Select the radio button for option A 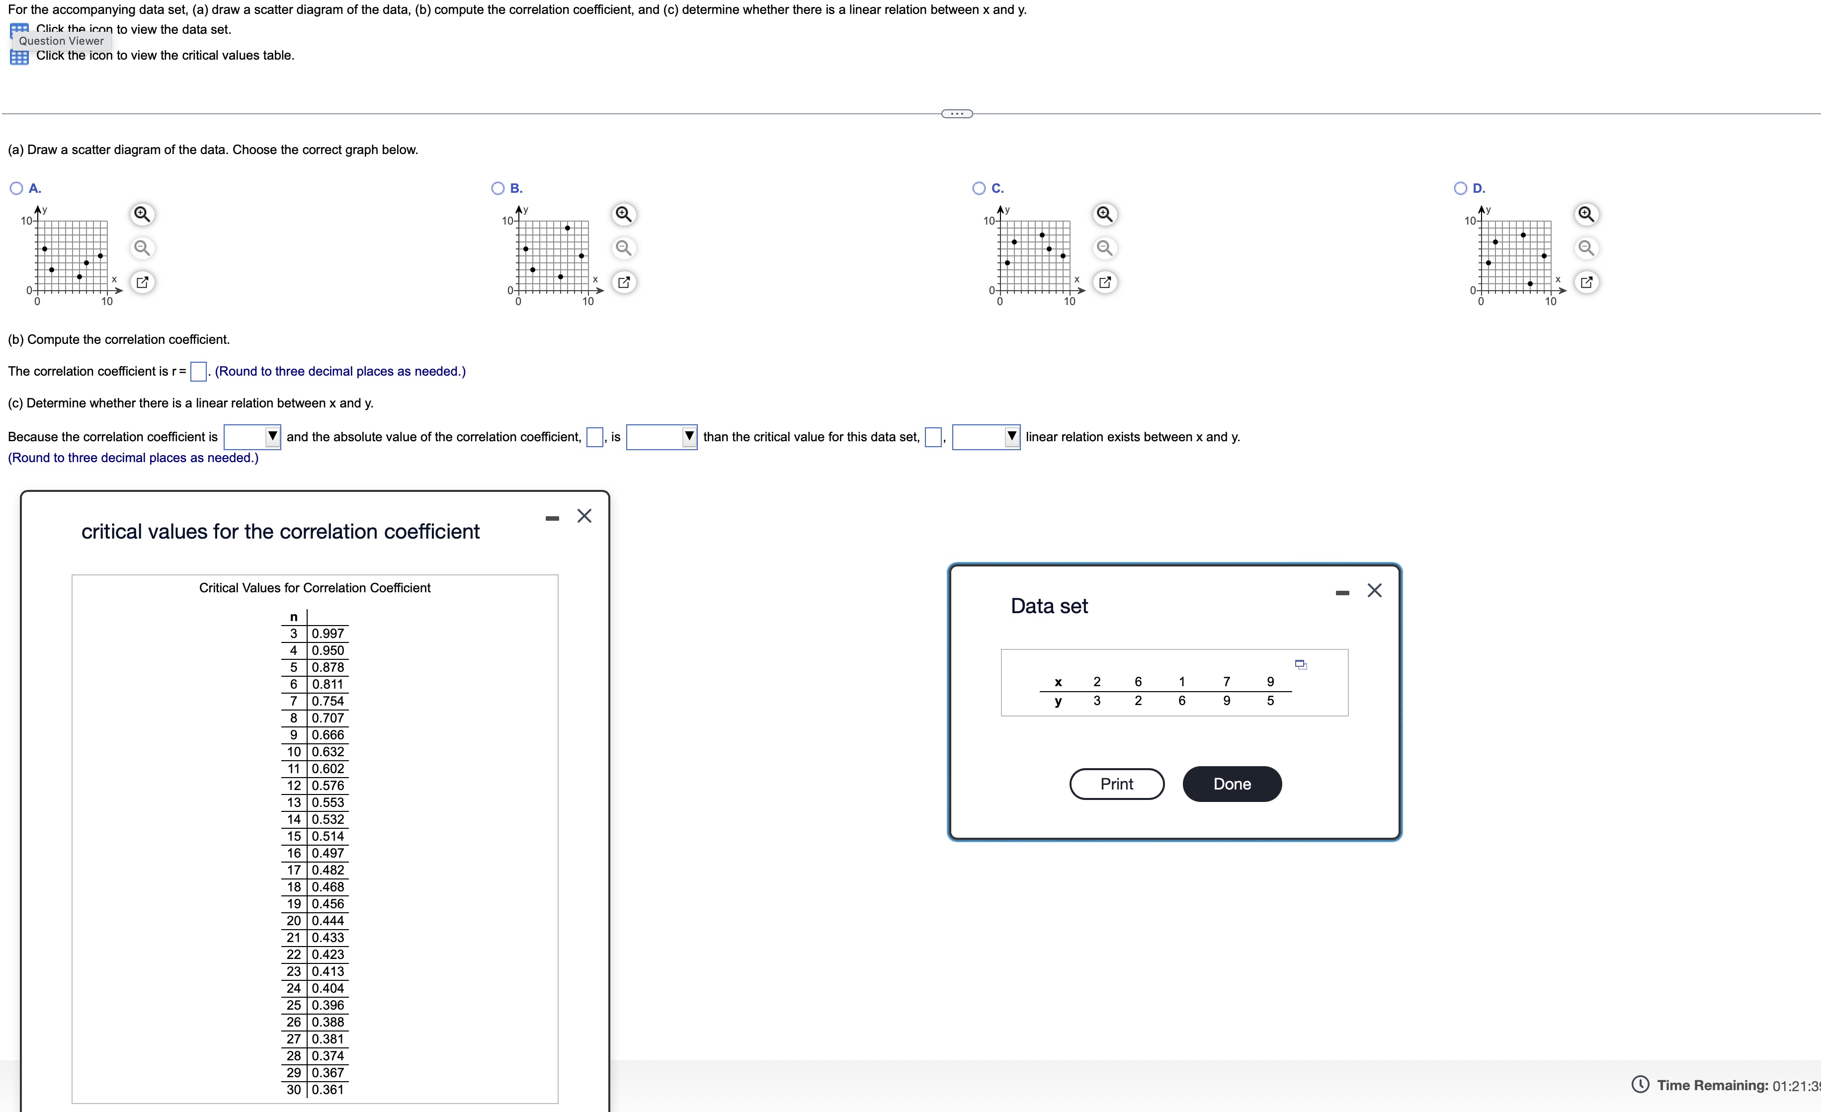coord(16,188)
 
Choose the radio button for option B coord(498,188)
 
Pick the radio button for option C coord(979,188)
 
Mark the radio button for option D coord(1460,188)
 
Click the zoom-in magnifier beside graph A coord(142,214)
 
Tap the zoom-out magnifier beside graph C coord(1104,247)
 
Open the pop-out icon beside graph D coord(1586,282)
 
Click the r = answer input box coord(198,371)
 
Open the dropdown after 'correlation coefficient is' coord(252,437)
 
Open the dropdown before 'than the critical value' coord(662,437)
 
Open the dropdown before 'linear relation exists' coord(986,437)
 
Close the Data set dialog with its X coord(1374,590)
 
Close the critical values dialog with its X coord(584,516)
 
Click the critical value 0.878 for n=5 coord(328,667)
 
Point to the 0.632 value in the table coord(328,751)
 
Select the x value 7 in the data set coord(1226,681)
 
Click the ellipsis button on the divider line coord(956,114)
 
